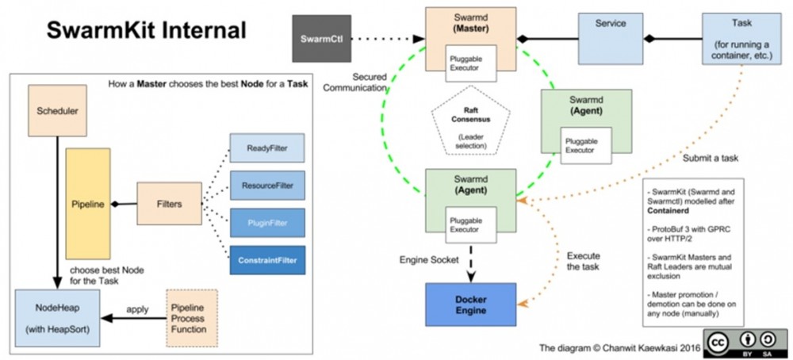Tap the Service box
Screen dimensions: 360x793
coord(610,36)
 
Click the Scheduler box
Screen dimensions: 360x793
coord(58,112)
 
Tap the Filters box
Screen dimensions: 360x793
coord(169,204)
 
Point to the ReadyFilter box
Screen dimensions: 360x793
coord(267,148)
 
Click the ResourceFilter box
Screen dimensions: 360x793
coord(267,186)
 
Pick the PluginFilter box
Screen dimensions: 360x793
coord(267,224)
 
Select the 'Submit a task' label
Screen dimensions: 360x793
coord(711,159)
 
